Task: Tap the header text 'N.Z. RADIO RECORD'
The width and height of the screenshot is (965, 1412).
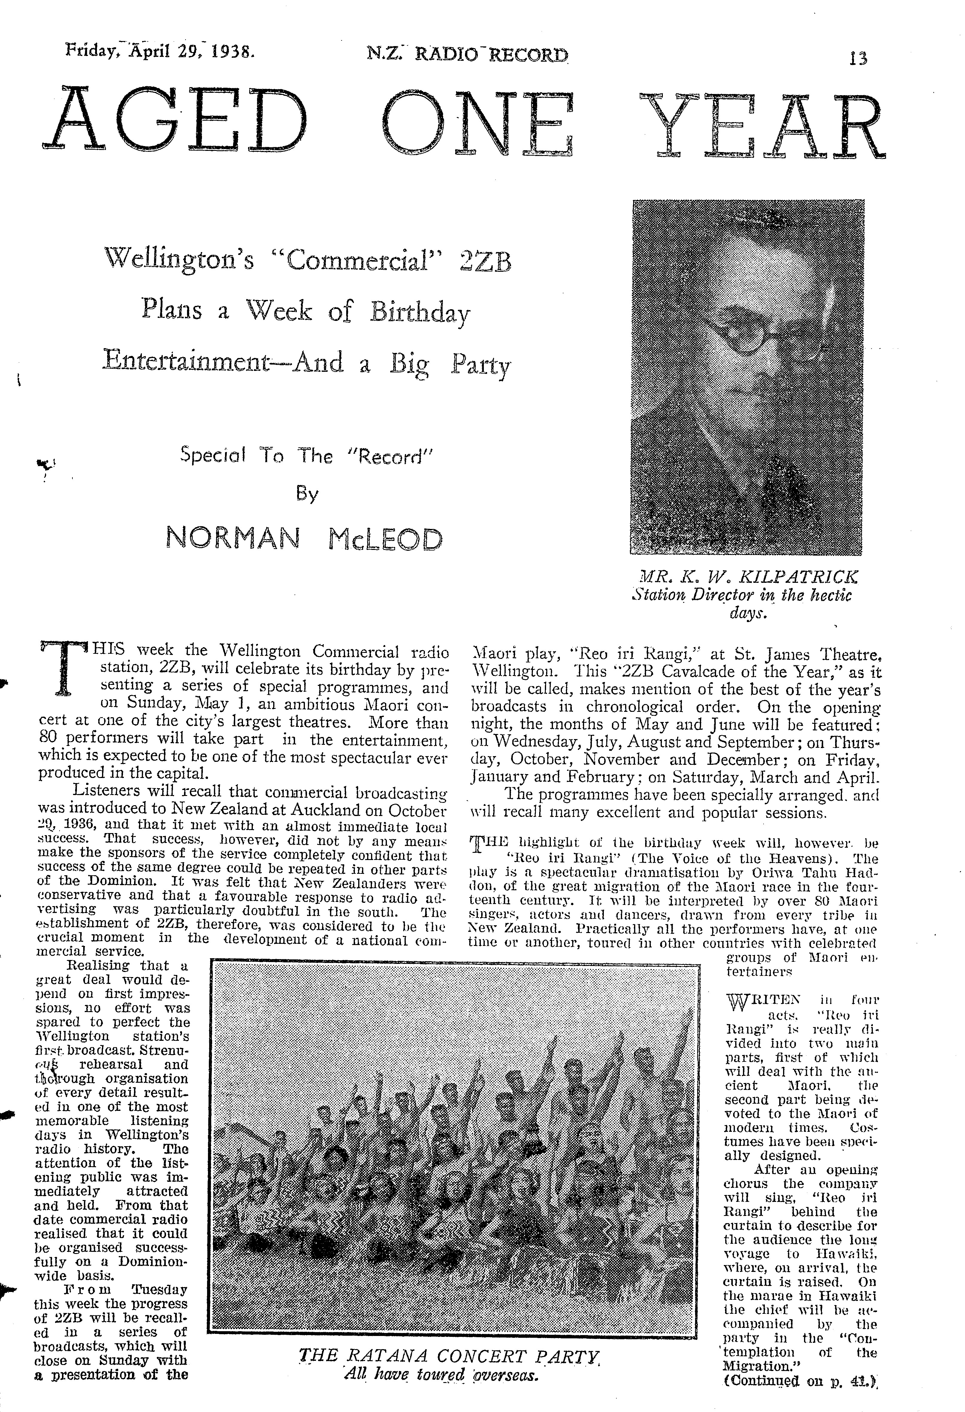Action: (x=468, y=55)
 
